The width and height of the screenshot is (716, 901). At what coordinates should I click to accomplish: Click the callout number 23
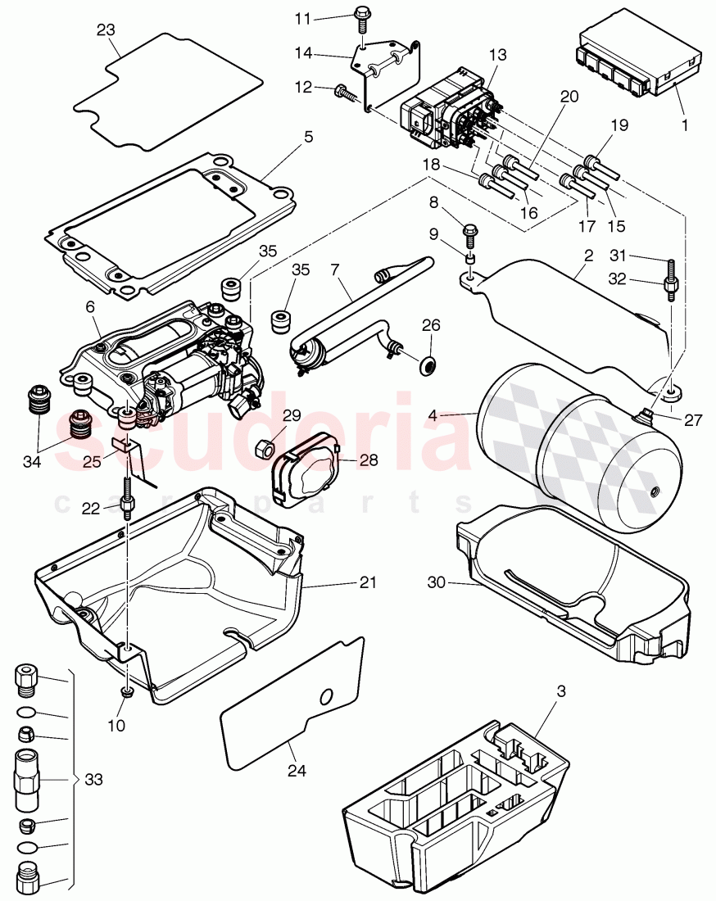click(x=106, y=30)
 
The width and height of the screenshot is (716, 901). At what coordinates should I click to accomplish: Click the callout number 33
click(x=94, y=781)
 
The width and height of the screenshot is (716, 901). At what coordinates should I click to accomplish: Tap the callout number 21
click(x=368, y=582)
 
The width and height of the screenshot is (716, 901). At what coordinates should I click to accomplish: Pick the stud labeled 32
click(x=669, y=286)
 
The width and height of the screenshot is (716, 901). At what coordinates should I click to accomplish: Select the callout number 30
click(x=437, y=582)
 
